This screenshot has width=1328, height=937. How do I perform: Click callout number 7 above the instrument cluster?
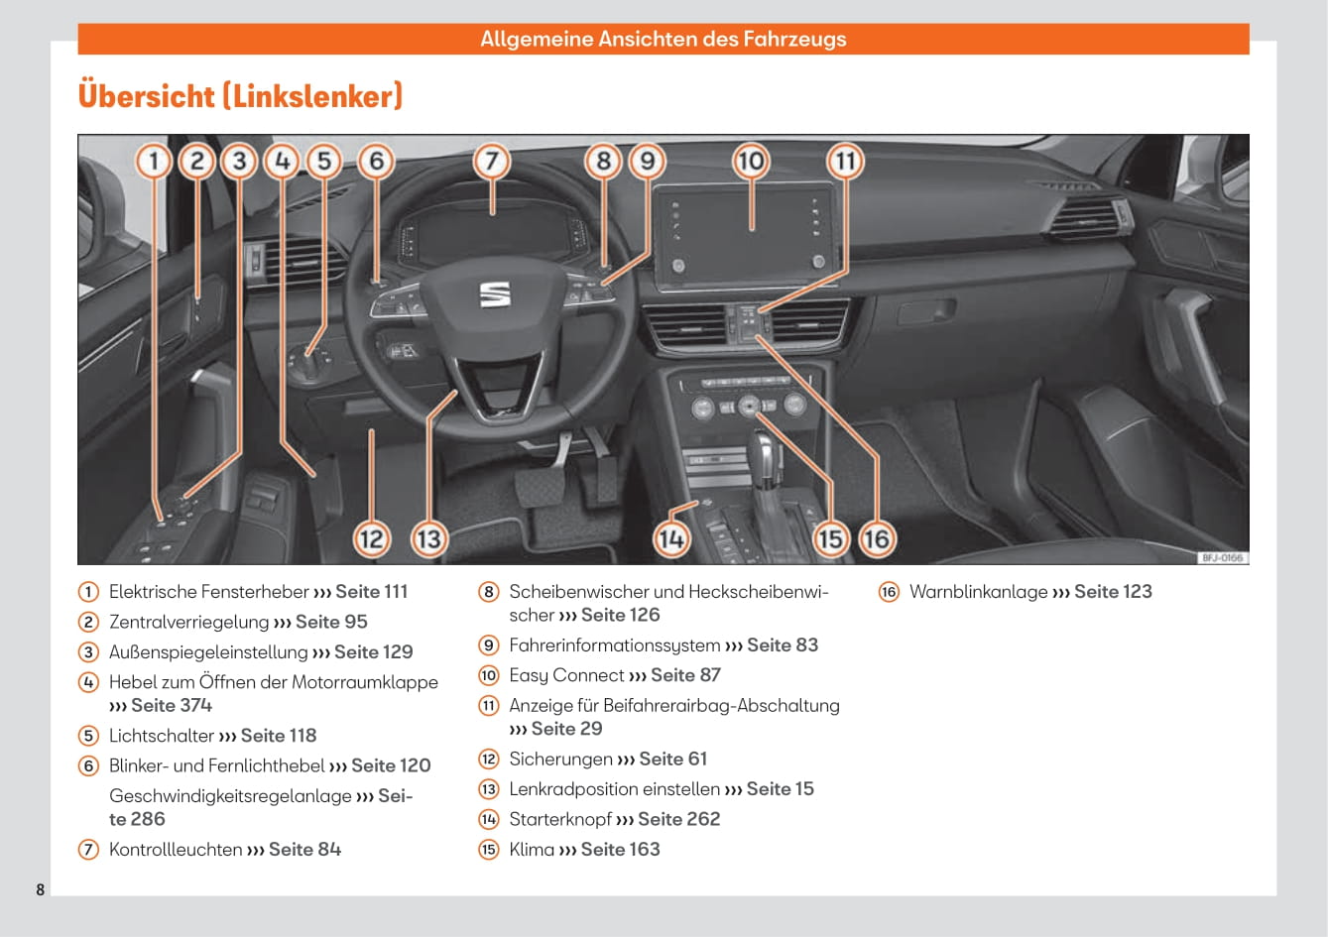click(491, 160)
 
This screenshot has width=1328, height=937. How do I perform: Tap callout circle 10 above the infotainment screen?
click(751, 160)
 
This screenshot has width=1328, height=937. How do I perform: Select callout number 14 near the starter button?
click(671, 539)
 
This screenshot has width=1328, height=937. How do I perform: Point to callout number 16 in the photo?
click(876, 539)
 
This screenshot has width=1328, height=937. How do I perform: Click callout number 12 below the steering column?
click(371, 539)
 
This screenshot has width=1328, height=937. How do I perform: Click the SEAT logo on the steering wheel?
click(494, 293)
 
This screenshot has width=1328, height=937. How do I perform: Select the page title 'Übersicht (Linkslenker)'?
click(240, 96)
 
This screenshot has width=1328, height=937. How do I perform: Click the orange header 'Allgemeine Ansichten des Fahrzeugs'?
click(663, 40)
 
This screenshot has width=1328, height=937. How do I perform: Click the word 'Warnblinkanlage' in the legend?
click(978, 592)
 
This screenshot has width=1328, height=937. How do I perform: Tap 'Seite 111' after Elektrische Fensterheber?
click(371, 592)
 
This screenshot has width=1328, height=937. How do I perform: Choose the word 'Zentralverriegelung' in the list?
click(188, 622)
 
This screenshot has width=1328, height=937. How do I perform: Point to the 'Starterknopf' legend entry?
click(559, 819)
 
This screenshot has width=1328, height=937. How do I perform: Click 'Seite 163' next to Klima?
click(620, 850)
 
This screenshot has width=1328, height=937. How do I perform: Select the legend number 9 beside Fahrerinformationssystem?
click(489, 645)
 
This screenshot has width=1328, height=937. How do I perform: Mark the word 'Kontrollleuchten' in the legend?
click(176, 850)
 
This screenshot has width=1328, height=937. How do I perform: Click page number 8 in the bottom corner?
click(41, 889)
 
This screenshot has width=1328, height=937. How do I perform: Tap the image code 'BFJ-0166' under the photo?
click(1222, 558)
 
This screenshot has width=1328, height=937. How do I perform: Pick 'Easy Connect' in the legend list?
click(566, 675)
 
